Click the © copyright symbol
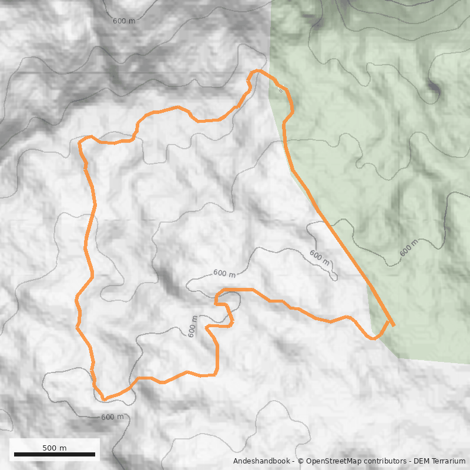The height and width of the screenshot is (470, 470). [x=301, y=461]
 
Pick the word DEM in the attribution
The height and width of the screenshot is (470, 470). [x=422, y=461]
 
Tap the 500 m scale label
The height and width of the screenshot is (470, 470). [x=54, y=448]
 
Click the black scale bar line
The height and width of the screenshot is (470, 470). [x=54, y=454]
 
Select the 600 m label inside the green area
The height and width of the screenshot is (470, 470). [x=409, y=248]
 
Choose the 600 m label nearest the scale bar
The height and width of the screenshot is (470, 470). [x=113, y=417]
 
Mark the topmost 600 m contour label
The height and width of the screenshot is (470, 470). [x=124, y=21]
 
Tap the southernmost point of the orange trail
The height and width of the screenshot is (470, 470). [x=105, y=399]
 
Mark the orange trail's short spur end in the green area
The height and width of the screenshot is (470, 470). [x=393, y=324]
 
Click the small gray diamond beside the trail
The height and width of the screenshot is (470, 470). [x=280, y=90]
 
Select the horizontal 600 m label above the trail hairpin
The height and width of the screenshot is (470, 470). [x=224, y=274]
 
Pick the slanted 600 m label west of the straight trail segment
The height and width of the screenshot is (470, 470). [x=320, y=257]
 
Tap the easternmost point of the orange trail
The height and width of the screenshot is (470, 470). [x=393, y=324]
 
